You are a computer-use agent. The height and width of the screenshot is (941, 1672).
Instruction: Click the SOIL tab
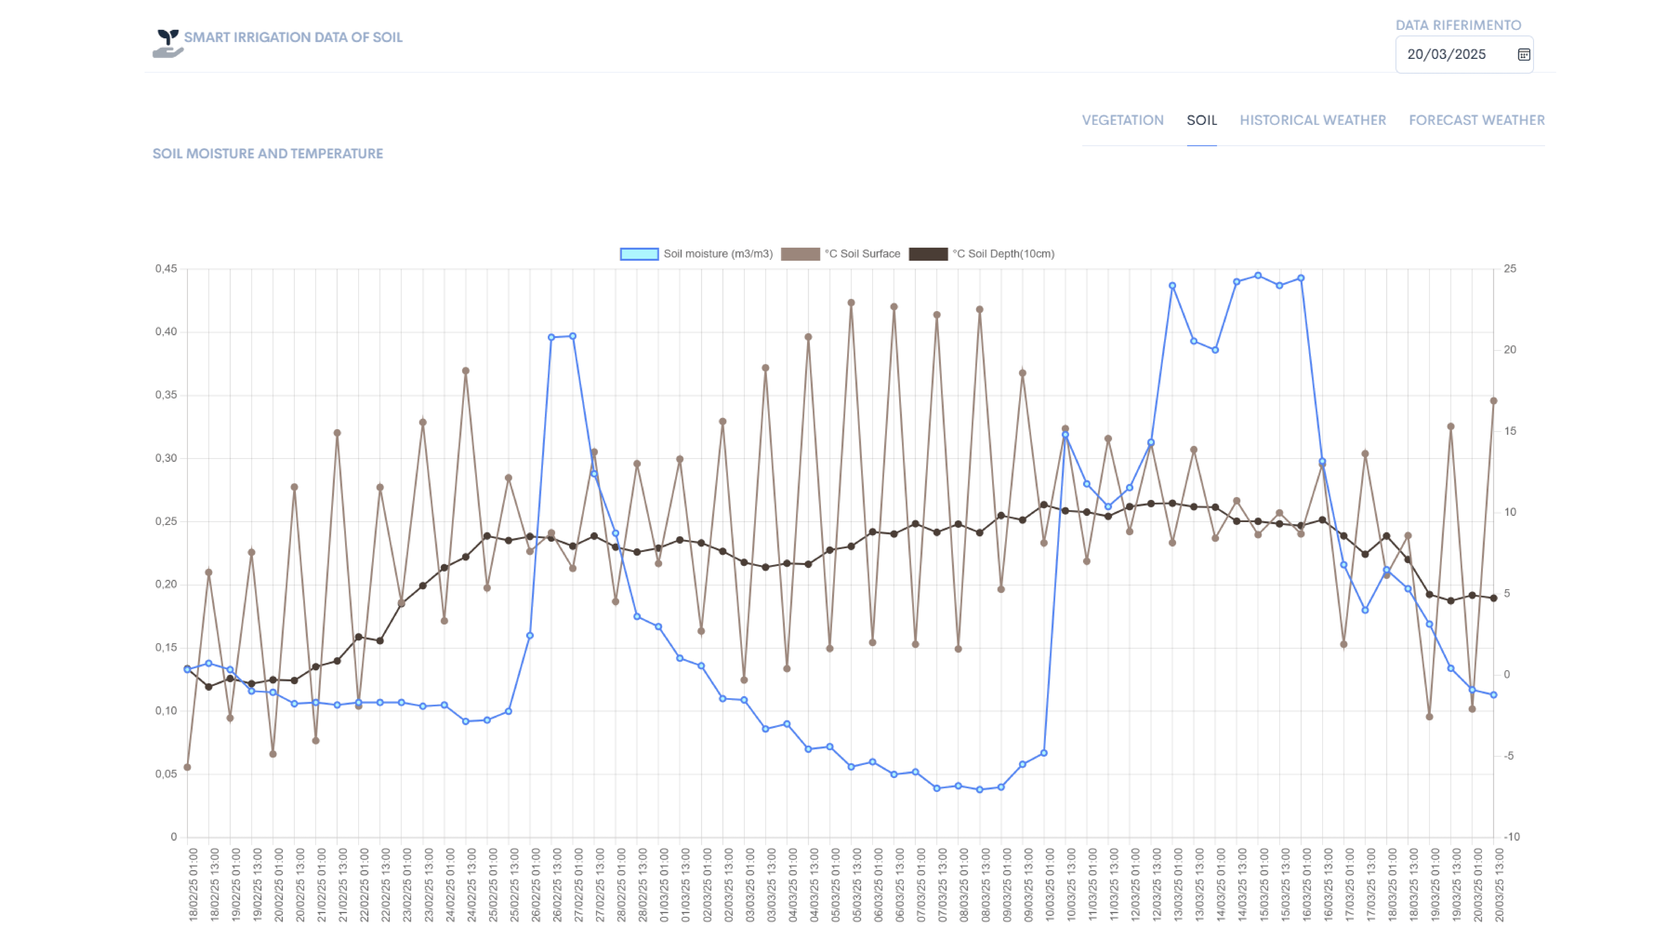click(x=1202, y=120)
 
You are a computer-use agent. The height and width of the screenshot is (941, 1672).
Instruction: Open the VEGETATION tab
click(x=1122, y=120)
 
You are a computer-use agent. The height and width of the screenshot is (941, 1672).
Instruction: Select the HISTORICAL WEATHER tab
click(x=1312, y=120)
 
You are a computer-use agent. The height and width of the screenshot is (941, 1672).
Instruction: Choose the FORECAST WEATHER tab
click(x=1477, y=120)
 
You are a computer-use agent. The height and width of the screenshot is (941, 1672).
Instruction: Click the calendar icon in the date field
click(x=1523, y=54)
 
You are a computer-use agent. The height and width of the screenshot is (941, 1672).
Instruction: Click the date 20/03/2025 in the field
click(x=1446, y=54)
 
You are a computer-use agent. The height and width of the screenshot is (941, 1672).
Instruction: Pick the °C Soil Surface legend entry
click(x=862, y=254)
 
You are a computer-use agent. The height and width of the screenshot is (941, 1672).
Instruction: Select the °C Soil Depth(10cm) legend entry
click(x=1003, y=254)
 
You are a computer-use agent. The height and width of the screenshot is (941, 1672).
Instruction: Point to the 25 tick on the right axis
click(x=1510, y=269)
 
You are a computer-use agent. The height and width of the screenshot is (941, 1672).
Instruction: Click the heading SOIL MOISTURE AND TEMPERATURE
click(x=267, y=154)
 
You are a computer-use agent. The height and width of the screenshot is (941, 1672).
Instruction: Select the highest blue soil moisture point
click(x=1258, y=275)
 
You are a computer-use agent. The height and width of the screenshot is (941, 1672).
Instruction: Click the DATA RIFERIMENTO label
click(x=1458, y=25)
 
